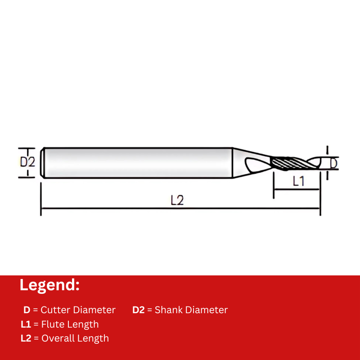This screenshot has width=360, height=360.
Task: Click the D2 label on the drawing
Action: [27, 162]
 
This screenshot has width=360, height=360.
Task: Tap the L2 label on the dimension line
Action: [177, 200]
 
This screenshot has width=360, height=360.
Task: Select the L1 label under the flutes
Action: [299, 181]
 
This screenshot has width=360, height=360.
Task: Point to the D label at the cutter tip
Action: [333, 162]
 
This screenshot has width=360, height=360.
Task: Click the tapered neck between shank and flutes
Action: [247, 162]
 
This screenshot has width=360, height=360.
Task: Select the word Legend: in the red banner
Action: [49, 285]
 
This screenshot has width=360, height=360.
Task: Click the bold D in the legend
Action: [27, 310]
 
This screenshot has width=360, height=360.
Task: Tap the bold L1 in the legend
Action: [26, 324]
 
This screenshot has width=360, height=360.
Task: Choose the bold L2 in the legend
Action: [26, 338]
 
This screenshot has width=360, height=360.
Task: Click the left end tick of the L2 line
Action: [41, 209]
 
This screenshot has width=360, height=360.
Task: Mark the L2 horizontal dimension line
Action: [112, 209]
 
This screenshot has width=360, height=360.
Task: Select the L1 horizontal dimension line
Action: [297, 190]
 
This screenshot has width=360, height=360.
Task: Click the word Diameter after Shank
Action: [207, 310]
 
